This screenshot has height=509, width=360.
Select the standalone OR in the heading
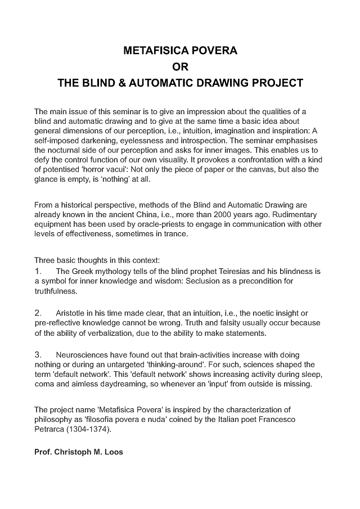point(180,67)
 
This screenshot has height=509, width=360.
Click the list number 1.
point(38,271)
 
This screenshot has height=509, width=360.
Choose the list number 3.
point(38,355)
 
